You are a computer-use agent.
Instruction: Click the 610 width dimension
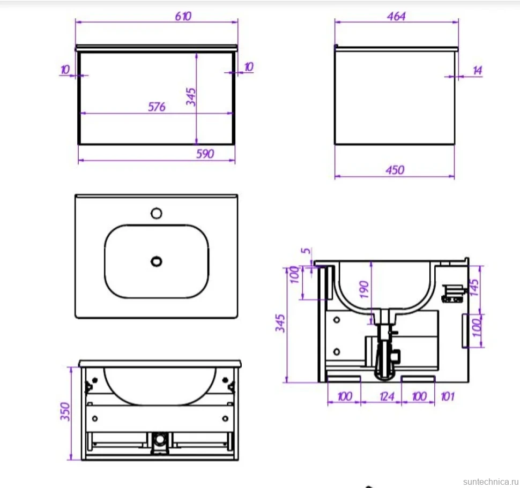tap(183, 16)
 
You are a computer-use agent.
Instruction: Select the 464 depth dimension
tap(396, 16)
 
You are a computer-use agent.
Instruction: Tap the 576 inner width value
tap(157, 107)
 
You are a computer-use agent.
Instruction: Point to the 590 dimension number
tap(205, 154)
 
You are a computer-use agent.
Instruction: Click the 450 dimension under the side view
tap(395, 170)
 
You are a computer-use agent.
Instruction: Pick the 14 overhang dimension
tap(477, 70)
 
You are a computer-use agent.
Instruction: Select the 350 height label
tap(65, 411)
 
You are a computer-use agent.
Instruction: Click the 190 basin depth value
tap(364, 289)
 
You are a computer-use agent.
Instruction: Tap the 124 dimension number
tap(387, 396)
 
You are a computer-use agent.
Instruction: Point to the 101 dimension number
tap(448, 396)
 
